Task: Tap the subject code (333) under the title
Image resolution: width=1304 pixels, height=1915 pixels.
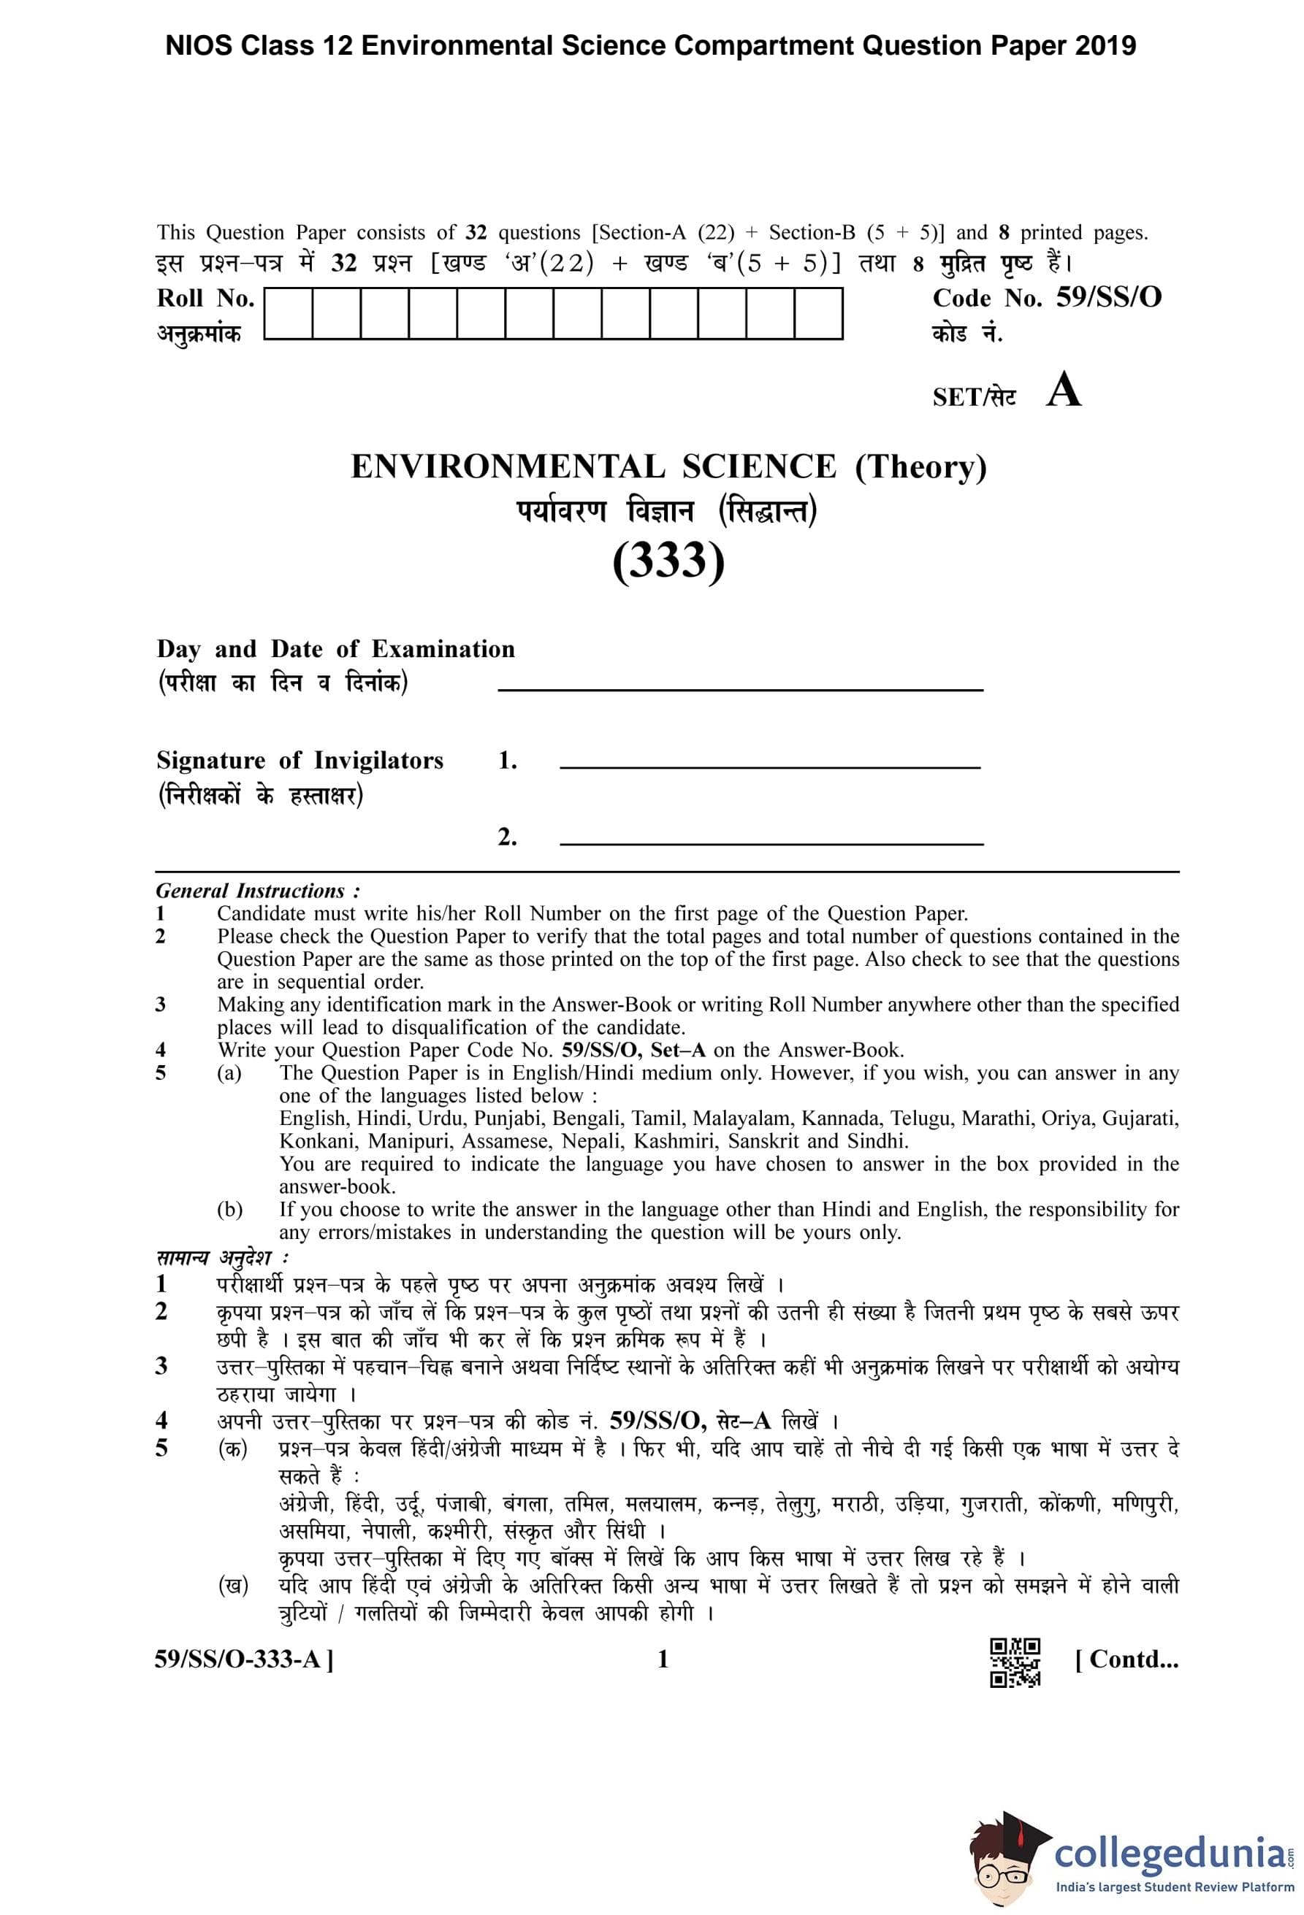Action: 668,561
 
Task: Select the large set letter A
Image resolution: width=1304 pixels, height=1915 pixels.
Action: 1064,391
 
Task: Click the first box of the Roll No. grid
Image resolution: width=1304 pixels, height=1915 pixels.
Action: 288,313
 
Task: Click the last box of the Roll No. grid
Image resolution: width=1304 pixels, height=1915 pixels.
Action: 817,313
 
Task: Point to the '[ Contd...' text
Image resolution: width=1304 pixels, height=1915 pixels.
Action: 1126,1658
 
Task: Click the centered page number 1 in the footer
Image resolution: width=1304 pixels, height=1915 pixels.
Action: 663,1659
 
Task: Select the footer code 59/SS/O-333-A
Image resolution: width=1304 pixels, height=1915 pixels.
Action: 244,1659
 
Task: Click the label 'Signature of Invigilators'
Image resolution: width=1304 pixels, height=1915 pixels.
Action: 300,760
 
